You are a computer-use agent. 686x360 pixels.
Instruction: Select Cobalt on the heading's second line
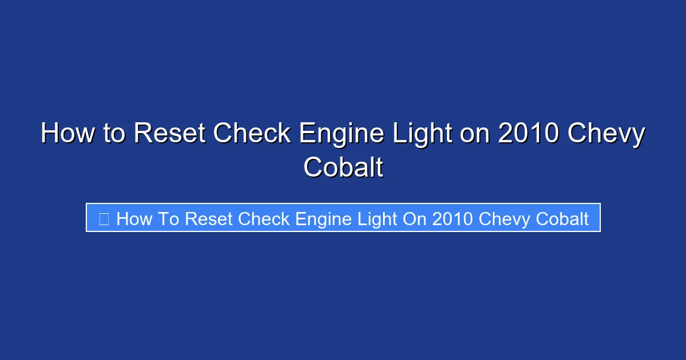click(343, 168)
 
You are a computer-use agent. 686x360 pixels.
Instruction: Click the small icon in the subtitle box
click(103, 219)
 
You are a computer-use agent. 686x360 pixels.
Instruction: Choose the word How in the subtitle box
click(134, 219)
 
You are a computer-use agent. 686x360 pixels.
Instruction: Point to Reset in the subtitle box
click(209, 219)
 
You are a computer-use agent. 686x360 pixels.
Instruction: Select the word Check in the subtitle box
click(264, 219)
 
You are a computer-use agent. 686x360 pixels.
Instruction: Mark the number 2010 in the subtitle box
click(453, 219)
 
